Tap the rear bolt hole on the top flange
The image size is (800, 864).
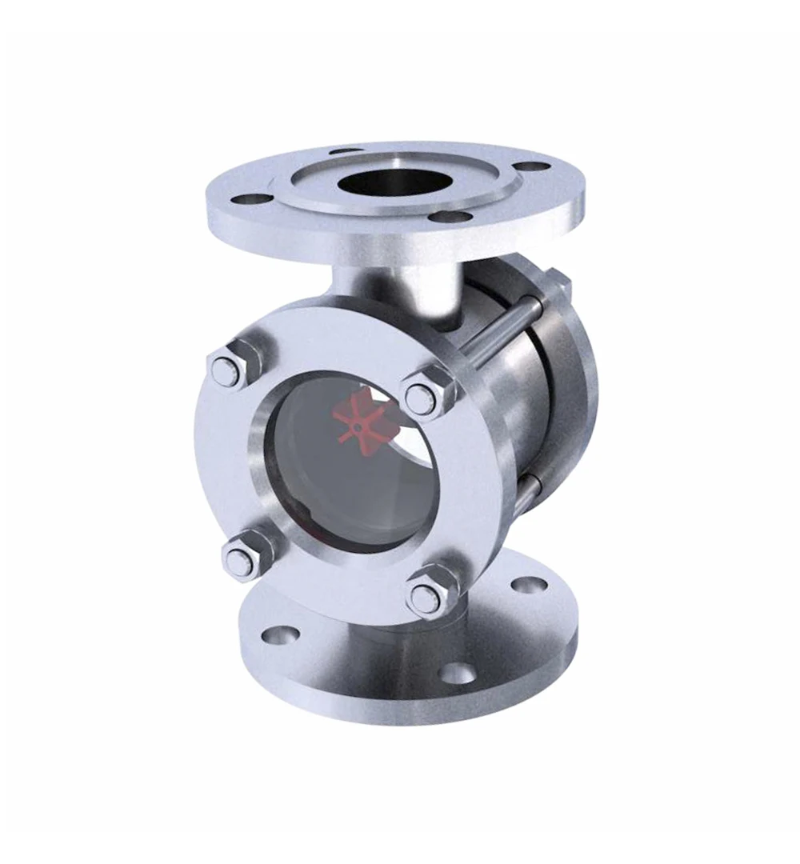[x=342, y=150]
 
